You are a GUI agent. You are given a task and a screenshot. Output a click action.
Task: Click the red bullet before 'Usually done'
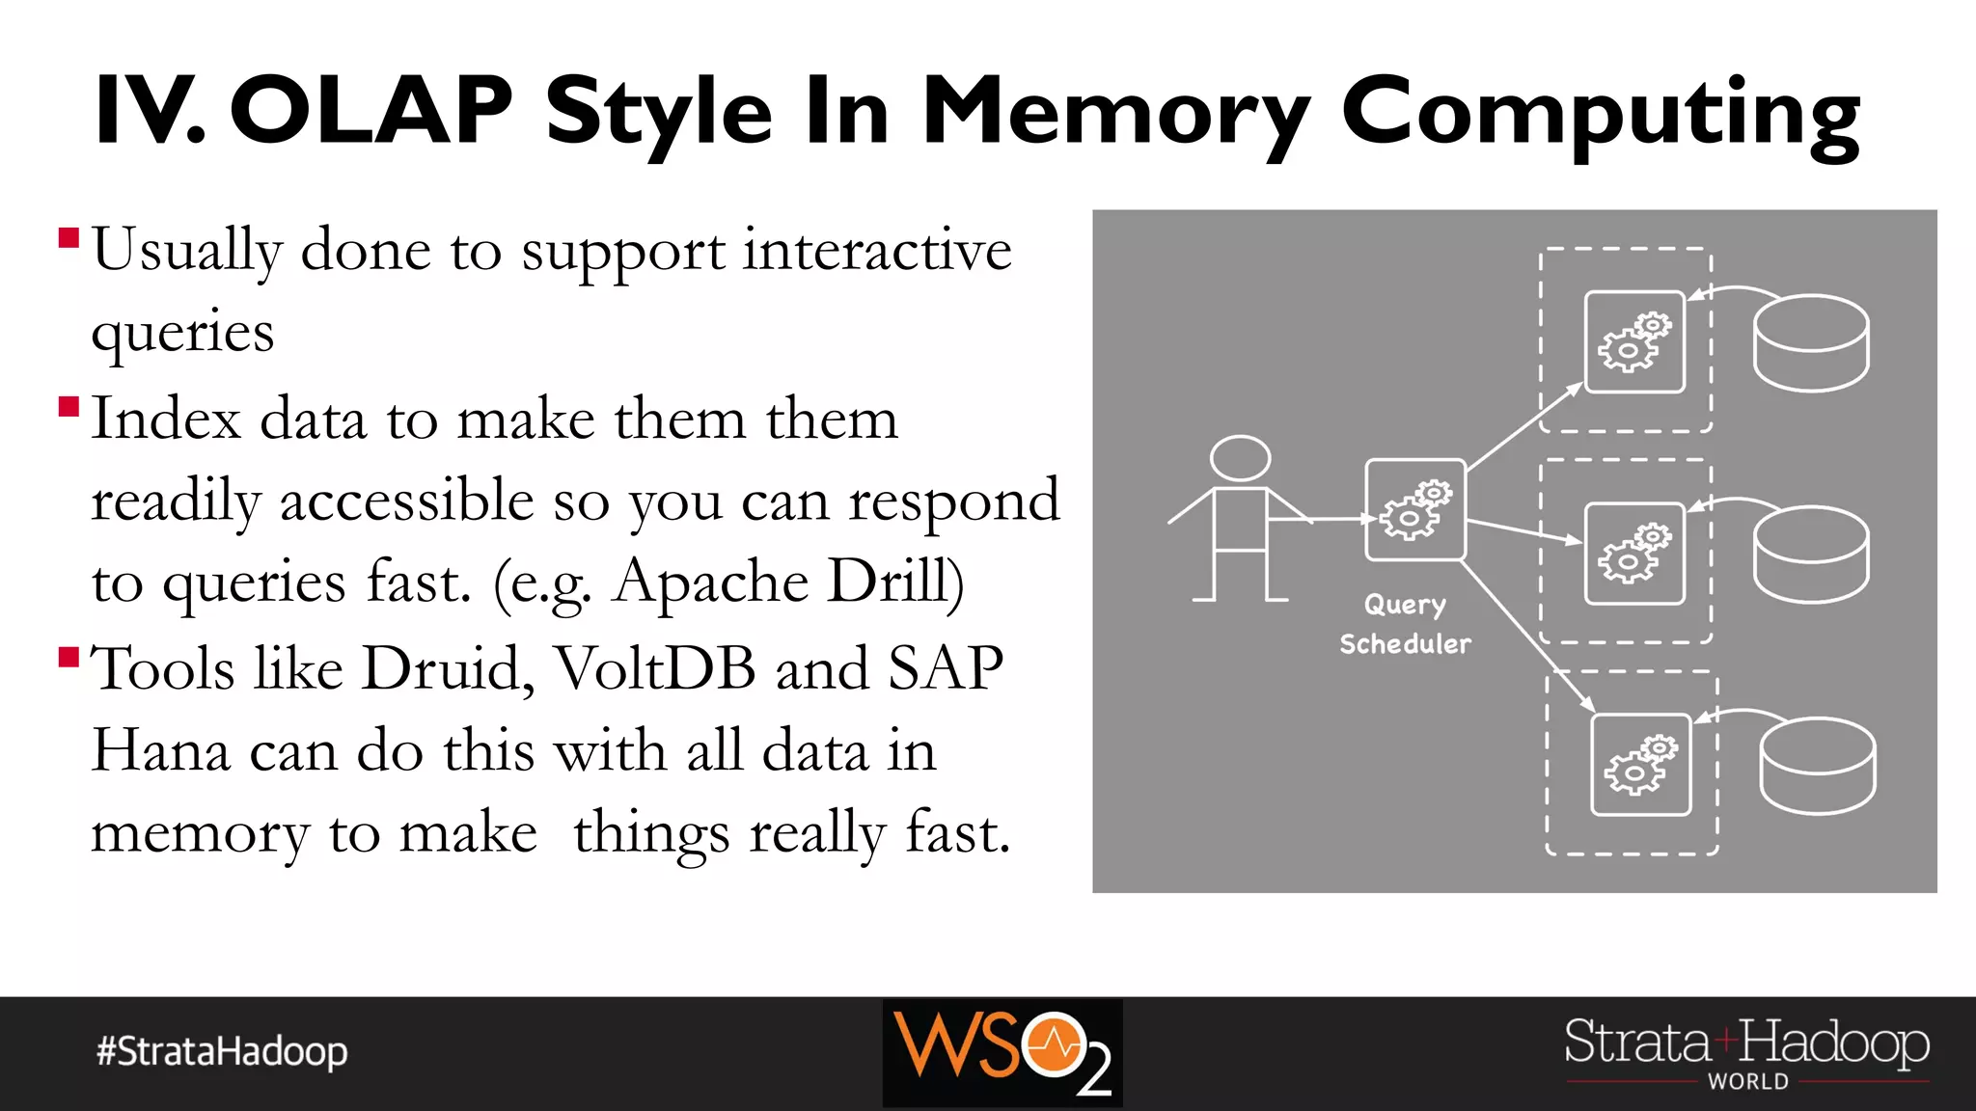coord(69,238)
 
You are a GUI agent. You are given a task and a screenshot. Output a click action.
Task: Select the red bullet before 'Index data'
coord(69,406)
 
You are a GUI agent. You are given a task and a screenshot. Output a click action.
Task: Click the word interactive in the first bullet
coord(877,251)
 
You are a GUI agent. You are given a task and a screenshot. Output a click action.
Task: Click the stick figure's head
coord(1240,458)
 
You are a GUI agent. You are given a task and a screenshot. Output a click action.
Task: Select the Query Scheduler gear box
coord(1414,510)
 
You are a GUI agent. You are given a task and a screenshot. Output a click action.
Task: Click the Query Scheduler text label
coord(1405,624)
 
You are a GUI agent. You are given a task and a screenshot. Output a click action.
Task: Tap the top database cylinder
coord(1810,343)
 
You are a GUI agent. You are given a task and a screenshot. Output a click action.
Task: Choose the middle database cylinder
coord(1810,555)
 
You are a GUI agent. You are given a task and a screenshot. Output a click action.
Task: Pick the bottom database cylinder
coord(1817,766)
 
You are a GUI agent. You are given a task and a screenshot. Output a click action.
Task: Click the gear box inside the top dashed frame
coord(1634,342)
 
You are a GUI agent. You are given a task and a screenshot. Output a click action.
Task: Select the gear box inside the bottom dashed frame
coord(1640,765)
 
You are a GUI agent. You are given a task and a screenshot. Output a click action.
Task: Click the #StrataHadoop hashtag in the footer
coord(222,1051)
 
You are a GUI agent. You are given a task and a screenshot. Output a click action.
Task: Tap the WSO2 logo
coord(1002,1052)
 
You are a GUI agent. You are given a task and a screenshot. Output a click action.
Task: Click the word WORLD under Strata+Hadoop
coord(1747,1082)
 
